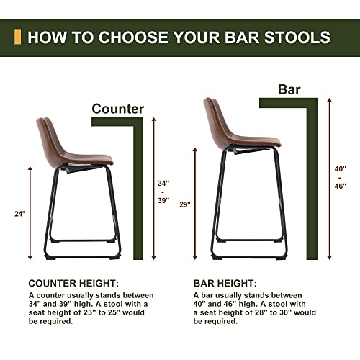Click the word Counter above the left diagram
[117, 109]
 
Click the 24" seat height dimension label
[19, 213]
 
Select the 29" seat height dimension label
[185, 205]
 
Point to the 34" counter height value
[164, 183]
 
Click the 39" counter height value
[164, 201]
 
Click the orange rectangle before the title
[18, 37]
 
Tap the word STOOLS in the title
[298, 37]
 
